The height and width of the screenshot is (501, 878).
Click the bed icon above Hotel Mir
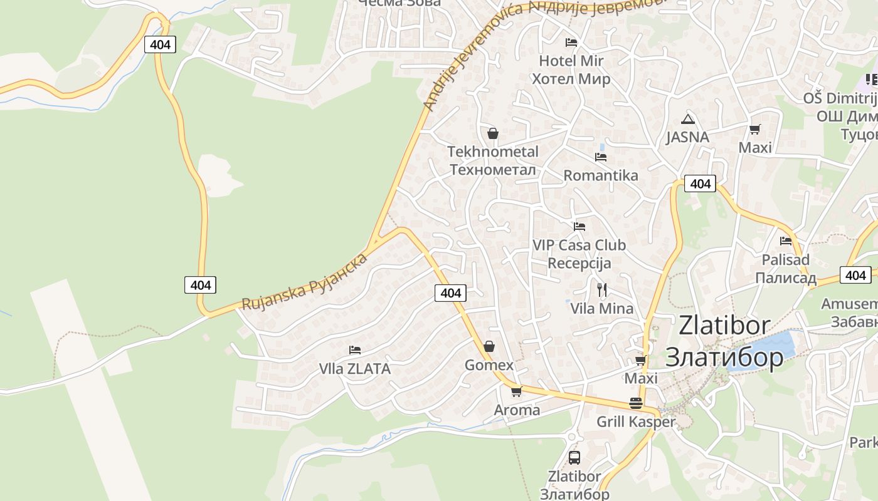571,43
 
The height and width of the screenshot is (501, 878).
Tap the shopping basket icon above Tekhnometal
493,133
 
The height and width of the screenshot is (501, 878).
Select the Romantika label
600,175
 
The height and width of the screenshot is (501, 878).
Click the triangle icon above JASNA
688,119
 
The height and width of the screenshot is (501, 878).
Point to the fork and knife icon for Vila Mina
602,289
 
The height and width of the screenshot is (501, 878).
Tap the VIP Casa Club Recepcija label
579,254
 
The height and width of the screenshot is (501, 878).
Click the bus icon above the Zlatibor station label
574,457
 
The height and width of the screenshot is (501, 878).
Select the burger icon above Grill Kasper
635,403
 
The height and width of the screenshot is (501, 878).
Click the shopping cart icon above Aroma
516,391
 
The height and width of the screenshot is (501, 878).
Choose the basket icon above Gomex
489,346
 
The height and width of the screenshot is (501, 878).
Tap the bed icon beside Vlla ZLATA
355,349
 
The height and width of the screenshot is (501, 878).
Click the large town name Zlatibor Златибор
724,341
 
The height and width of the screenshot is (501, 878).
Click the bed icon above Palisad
786,240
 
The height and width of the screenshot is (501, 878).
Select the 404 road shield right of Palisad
855,275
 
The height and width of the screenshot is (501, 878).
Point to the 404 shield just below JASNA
699,183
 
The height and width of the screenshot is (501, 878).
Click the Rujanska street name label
305,282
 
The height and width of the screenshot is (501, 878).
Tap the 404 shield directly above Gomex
450,292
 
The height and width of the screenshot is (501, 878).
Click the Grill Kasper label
635,421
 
